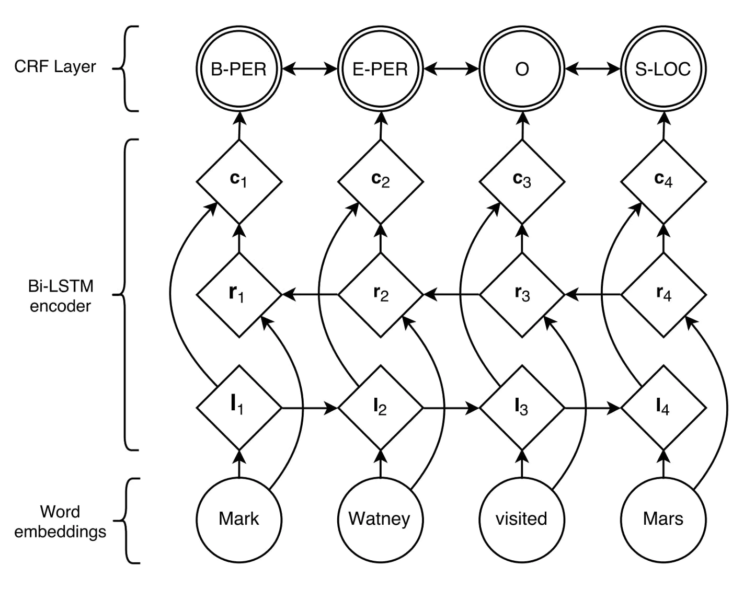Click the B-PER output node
tap(239, 68)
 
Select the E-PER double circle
tap(381, 68)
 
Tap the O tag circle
tap(522, 68)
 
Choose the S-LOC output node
tap(664, 68)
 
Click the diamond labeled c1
tap(239, 181)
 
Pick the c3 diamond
tap(522, 181)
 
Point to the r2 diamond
tap(381, 295)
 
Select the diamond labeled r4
tap(664, 295)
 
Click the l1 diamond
tap(239, 407)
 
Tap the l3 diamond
tap(522, 407)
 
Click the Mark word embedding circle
tap(239, 519)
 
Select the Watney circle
tap(381, 519)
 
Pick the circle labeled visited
tap(522, 519)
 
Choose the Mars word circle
tap(664, 519)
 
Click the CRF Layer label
tap(55, 67)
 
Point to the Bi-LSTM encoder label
tap(61, 296)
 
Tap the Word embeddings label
tap(60, 522)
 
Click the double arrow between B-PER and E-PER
tap(310, 68)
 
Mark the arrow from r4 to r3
tap(593, 295)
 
